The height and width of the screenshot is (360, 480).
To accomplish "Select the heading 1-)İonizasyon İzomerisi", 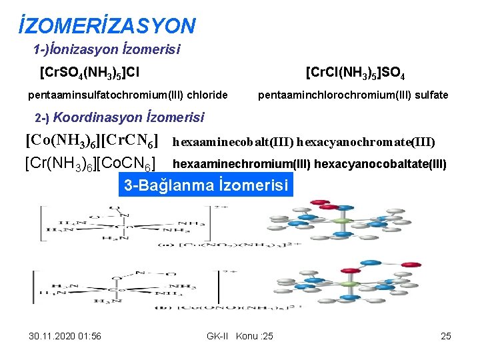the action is tap(107, 49).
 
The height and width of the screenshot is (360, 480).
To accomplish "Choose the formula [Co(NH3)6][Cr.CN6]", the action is tap(91, 141).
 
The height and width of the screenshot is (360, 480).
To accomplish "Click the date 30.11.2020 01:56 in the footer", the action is tap(66, 336).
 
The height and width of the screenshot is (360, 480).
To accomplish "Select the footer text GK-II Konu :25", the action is tap(240, 336).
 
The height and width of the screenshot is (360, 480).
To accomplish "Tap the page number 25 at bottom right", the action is tap(446, 336).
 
